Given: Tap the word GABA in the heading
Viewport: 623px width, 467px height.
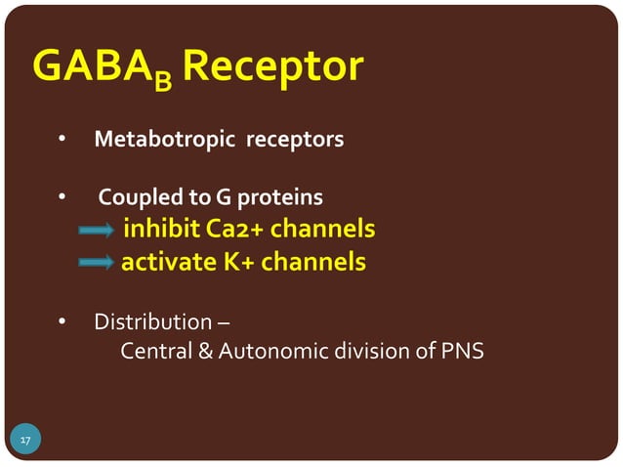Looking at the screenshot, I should click(x=92, y=66).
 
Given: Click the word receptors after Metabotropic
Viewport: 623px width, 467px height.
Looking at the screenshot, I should click(x=295, y=140).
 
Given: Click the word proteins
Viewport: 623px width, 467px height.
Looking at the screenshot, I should click(x=279, y=199).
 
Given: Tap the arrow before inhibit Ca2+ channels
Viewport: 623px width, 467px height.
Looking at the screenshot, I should click(x=97, y=232).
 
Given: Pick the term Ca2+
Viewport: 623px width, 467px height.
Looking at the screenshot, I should click(x=235, y=230).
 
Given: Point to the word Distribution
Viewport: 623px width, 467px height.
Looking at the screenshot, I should click(x=153, y=321).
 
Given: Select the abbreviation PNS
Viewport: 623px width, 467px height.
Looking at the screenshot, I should click(x=461, y=350).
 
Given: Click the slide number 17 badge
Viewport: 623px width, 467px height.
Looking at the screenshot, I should click(x=24, y=442).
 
